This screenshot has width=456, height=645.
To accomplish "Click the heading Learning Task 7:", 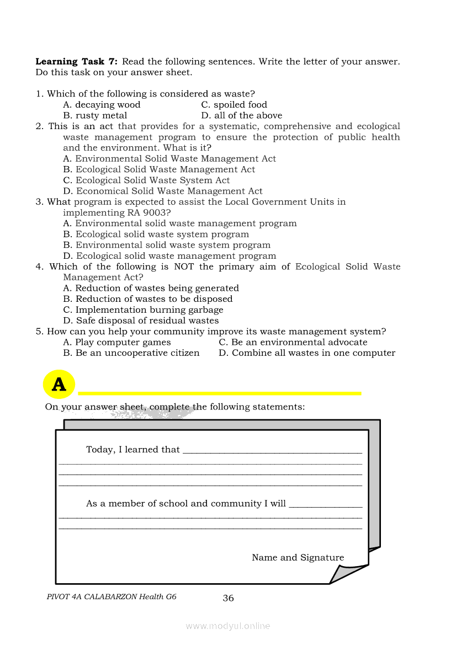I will click(77, 62).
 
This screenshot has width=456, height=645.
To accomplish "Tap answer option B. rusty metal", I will click(95, 116).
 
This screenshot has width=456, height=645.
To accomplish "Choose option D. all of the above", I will click(242, 116).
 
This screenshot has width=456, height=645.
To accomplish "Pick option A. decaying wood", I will click(102, 105).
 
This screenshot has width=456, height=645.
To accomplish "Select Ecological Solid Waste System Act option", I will click(146, 180).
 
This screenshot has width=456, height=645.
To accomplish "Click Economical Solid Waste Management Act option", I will click(163, 191).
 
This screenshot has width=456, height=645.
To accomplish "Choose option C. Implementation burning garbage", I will click(143, 310).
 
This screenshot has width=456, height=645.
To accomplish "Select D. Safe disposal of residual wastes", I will click(141, 321).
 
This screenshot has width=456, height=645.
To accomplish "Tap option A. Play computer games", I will click(117, 343).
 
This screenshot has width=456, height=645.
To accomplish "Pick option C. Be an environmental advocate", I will click(293, 343).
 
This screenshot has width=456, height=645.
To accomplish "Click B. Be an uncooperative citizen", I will click(131, 353).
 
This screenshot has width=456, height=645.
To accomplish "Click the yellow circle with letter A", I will click(59, 385).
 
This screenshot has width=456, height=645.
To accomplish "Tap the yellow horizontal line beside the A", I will click(220, 393).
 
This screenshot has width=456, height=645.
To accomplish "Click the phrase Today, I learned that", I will click(133, 450).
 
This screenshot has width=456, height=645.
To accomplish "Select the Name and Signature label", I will click(298, 558).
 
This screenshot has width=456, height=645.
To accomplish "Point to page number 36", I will click(228, 598).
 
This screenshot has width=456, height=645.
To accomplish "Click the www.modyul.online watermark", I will click(228, 626).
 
